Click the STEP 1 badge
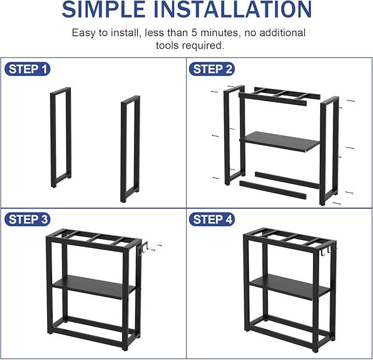[28, 69]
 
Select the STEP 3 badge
[28, 220]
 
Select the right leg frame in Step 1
[130, 148]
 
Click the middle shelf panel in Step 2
[281, 142]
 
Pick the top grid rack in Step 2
[280, 94]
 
